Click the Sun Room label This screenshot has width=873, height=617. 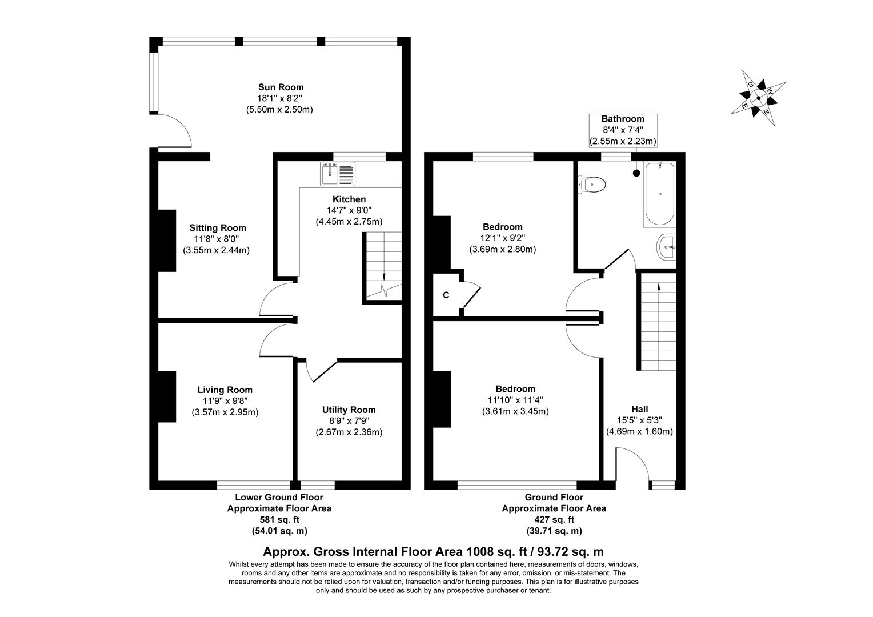pos(281,87)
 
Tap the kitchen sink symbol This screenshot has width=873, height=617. pos(338,174)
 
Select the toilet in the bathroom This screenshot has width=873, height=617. pos(592,185)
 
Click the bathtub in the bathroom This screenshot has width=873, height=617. pos(660,194)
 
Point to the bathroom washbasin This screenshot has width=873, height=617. pos(667,247)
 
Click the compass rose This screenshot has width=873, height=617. pos(758,98)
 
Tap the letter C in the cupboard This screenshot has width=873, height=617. pos(446,295)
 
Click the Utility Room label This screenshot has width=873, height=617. pos(349,410)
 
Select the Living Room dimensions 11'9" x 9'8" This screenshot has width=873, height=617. pos(225,401)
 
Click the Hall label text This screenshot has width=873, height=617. pos(639,409)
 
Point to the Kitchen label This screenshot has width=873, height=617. pos(349,199)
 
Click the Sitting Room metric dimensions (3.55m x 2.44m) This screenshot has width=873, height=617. pos(217,250)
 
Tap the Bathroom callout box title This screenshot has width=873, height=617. pos(623,119)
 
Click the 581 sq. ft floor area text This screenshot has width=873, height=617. pos(279,519)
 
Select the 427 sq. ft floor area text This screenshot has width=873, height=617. pos(554,519)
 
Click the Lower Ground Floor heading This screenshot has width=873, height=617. pos(279,498)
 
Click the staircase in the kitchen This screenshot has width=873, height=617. pos(383,265)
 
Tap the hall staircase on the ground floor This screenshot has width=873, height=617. pos(659,323)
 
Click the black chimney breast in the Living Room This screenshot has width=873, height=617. pos(166,397)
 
